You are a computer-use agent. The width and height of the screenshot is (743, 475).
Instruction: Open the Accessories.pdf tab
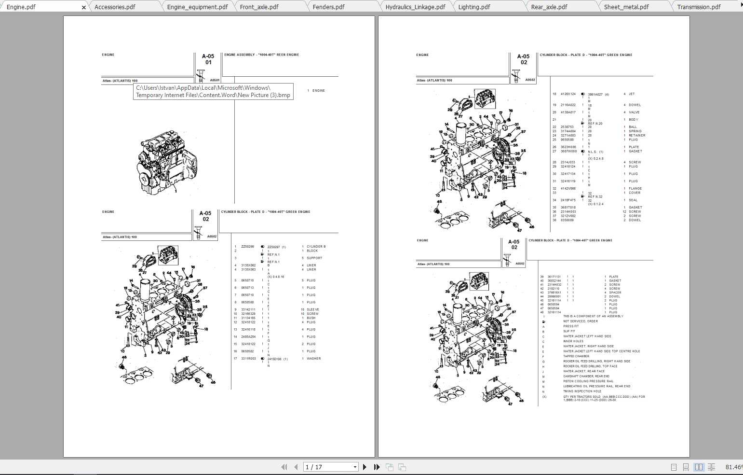115,7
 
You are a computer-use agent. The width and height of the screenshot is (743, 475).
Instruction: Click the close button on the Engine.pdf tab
84,7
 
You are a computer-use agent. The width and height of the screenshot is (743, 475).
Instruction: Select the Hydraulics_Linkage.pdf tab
415,7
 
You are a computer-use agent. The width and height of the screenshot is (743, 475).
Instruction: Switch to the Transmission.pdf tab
699,7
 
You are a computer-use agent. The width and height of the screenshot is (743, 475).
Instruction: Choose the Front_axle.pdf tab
259,7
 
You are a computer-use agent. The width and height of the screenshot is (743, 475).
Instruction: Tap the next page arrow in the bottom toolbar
365,467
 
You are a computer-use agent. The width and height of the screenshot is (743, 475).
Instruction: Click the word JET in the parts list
632,94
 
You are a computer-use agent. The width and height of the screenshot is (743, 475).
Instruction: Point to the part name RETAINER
637,136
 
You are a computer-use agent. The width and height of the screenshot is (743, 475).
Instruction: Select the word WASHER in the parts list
313,359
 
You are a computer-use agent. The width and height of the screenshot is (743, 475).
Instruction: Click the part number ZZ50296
247,247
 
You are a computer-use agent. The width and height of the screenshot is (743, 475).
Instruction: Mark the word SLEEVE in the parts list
313,309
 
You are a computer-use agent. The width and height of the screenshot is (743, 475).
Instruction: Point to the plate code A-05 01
208,59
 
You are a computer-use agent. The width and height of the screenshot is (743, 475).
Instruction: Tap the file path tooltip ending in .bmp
213,91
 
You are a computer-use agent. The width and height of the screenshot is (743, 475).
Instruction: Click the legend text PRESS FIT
571,326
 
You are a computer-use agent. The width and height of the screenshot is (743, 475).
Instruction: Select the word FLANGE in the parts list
635,189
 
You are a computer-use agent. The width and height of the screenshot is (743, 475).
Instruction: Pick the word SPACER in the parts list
615,293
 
